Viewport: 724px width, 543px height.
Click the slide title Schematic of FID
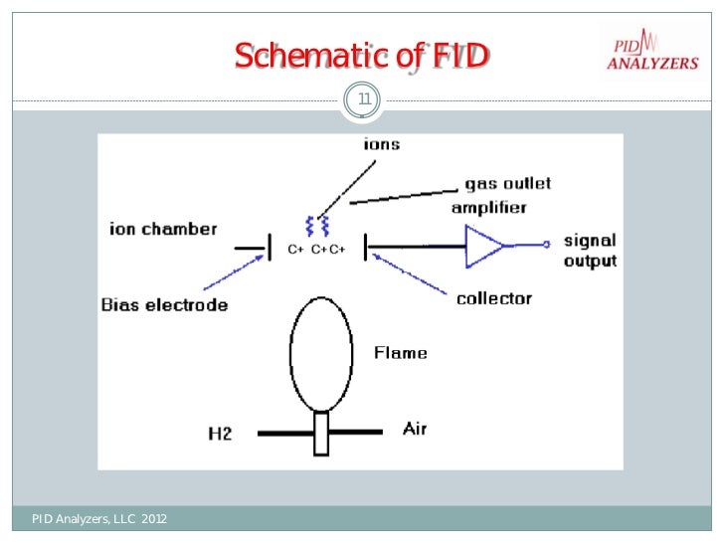(361, 57)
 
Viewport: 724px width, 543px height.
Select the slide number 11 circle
(362, 97)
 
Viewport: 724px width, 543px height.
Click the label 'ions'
(381, 144)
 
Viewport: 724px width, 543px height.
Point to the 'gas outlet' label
(507, 185)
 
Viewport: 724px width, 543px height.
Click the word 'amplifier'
(488, 208)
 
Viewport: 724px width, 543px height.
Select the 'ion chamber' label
(162, 229)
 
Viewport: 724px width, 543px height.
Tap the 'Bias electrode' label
(164, 304)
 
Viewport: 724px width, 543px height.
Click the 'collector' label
(493, 298)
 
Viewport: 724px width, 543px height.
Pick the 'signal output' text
(590, 251)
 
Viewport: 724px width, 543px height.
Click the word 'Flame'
(400, 352)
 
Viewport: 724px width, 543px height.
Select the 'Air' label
(415, 429)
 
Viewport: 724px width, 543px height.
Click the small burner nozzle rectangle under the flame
(320, 434)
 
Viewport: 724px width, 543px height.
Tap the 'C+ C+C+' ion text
(316, 250)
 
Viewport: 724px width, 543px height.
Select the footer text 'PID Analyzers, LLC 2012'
(99, 518)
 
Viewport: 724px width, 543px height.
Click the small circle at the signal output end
(545, 245)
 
